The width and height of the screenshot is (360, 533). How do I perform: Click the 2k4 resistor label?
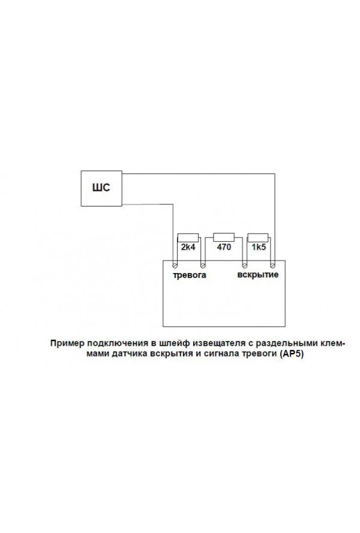(x=188, y=247)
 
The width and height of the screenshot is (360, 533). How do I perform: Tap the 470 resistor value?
(x=224, y=247)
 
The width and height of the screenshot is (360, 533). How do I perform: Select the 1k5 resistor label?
(x=259, y=247)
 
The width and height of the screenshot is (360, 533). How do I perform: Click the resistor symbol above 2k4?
(x=188, y=238)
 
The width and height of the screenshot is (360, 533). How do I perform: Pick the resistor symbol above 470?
(x=224, y=237)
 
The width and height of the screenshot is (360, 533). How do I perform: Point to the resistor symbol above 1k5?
(x=258, y=238)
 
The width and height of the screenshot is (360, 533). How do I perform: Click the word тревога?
(x=190, y=275)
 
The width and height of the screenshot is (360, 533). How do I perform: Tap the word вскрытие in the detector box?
(x=257, y=275)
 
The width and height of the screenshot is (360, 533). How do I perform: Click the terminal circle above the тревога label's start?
(x=175, y=265)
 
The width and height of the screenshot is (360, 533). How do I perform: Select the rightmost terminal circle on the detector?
(x=272, y=265)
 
